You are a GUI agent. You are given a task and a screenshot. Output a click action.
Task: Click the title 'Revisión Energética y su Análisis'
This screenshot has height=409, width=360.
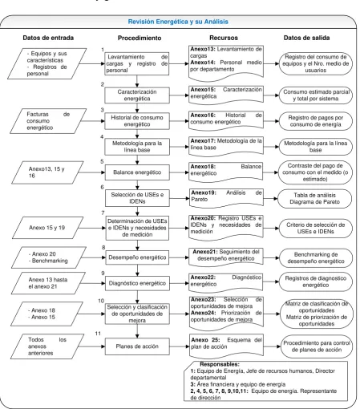click(x=178, y=22)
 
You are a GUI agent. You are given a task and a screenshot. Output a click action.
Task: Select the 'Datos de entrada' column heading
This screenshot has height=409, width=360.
click(x=48, y=38)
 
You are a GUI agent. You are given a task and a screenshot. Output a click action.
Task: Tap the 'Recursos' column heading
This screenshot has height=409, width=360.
click(x=224, y=38)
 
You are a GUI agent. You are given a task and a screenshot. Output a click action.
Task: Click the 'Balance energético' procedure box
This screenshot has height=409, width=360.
click(x=137, y=172)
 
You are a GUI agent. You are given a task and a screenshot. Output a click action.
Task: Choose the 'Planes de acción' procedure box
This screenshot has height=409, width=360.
click(x=137, y=346)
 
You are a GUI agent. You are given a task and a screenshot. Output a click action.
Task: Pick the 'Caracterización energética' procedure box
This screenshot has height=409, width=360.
click(x=137, y=95)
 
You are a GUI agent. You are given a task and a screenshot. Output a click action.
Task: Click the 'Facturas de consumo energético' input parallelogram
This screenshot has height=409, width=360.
click(x=48, y=121)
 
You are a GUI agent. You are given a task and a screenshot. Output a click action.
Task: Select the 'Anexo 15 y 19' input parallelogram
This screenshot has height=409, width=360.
click(x=47, y=228)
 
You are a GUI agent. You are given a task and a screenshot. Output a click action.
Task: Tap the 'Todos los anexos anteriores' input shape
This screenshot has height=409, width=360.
click(x=47, y=346)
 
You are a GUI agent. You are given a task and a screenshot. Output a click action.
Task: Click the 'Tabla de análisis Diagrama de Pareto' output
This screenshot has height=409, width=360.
click(x=314, y=199)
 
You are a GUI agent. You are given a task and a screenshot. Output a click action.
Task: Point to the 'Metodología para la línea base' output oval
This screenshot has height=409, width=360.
click(x=315, y=147)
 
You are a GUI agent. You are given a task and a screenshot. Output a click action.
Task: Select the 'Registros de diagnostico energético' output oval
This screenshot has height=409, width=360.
click(x=315, y=281)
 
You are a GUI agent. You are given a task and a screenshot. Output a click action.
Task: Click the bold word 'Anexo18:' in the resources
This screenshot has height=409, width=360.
click(x=203, y=167)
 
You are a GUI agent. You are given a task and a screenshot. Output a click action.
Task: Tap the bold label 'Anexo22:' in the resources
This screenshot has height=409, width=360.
click(x=203, y=277)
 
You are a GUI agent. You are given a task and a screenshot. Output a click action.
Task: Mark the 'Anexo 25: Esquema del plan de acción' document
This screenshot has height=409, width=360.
click(x=226, y=346)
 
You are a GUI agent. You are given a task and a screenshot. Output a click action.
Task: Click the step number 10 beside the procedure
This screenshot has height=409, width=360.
click(x=101, y=301)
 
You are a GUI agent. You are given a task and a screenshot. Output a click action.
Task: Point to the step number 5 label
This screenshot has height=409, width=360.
click(x=102, y=161)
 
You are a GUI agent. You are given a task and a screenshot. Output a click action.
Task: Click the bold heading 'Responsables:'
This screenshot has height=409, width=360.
click(x=220, y=364)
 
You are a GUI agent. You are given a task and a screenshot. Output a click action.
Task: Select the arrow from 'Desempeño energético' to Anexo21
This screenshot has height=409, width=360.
click(x=179, y=257)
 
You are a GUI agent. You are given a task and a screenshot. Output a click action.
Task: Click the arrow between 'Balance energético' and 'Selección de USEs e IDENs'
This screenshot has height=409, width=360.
click(x=137, y=185)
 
